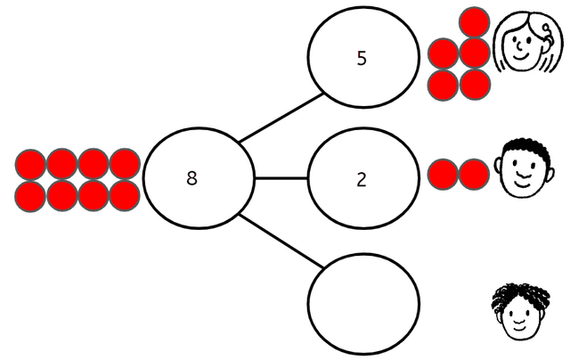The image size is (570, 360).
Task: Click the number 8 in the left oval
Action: pyautogui.click(x=191, y=177)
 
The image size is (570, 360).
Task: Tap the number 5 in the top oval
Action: pyautogui.click(x=361, y=59)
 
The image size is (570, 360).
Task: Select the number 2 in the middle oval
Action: pyautogui.click(x=362, y=179)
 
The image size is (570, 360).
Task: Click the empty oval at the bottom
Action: pyautogui.click(x=363, y=300)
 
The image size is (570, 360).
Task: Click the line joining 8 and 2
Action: pyautogui.click(x=281, y=178)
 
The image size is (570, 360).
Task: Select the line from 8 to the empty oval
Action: pyautogui.click(x=281, y=239)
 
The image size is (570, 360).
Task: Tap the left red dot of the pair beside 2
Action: pyautogui.click(x=443, y=173)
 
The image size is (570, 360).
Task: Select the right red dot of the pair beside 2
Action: pyautogui.click(x=474, y=173)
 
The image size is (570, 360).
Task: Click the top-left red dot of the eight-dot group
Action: pyautogui.click(x=31, y=164)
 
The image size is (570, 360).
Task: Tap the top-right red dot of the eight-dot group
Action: pyautogui.click(x=125, y=164)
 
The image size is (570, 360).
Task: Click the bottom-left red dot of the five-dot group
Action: pyautogui.click(x=443, y=85)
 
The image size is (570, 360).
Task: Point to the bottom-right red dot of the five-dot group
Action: pyautogui.click(x=475, y=85)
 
